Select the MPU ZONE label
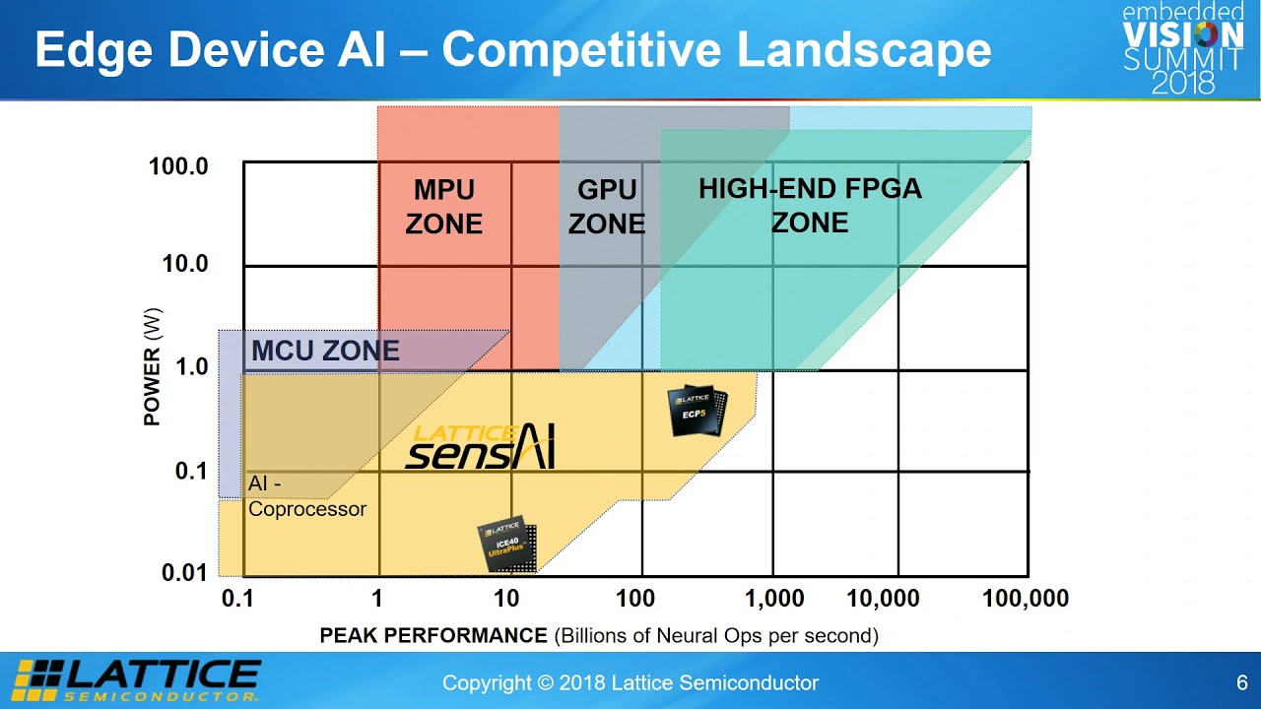pyautogui.click(x=444, y=207)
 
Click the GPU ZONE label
pyautogui.click(x=606, y=207)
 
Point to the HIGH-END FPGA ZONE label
pyautogui.click(x=810, y=205)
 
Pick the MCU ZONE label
pyautogui.click(x=325, y=351)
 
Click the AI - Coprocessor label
pyautogui.click(x=306, y=496)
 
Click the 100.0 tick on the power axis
pyautogui.click(x=178, y=166)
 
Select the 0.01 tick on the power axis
pyautogui.click(x=184, y=573)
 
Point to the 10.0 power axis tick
pyautogui.click(x=183, y=264)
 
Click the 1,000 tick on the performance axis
pyautogui.click(x=774, y=599)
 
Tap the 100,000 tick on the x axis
pyautogui.click(x=1025, y=599)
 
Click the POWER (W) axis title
pyautogui.click(x=152, y=366)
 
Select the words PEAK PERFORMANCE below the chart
pyautogui.click(x=432, y=635)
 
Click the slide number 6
pyautogui.click(x=1242, y=682)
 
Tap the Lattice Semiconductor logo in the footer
pyautogui.click(x=137, y=679)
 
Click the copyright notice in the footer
pyautogui.click(x=630, y=682)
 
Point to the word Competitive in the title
pyautogui.click(x=581, y=51)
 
